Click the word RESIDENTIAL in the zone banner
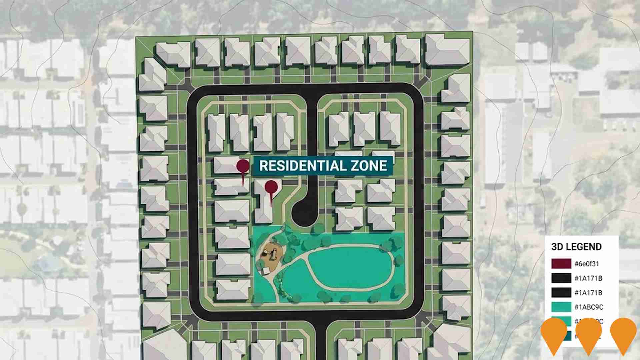tap(301, 166)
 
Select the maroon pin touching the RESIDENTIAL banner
tap(243, 166)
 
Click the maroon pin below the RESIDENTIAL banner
tap(271, 187)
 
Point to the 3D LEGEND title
tap(576, 247)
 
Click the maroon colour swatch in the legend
tap(561, 264)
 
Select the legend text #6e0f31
tap(587, 264)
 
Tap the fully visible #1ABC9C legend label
tap(589, 307)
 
